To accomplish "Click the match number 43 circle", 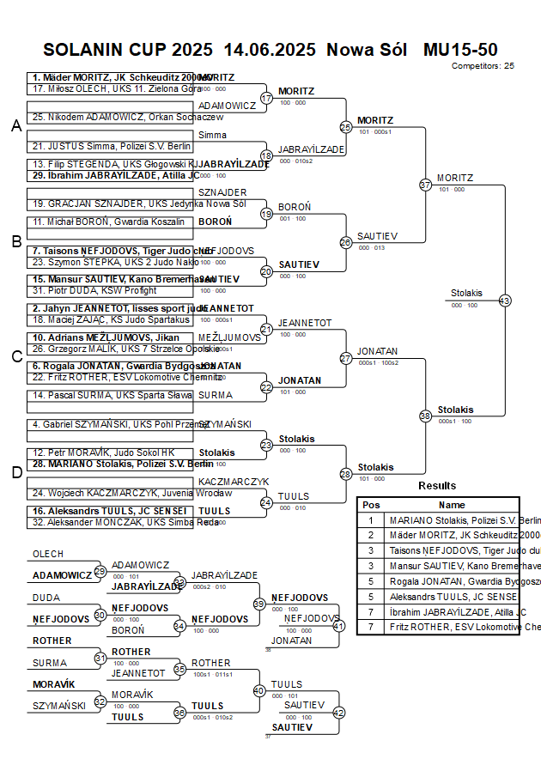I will coord(504,301).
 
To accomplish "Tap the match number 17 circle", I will coord(266,98).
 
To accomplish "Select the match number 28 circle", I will coord(346,474).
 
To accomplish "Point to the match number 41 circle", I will coord(338,626).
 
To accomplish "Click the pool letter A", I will coord(15,126).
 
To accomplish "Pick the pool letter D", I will coord(15,472).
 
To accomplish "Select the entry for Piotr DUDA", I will coord(94,290).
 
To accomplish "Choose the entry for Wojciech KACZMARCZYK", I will coord(120,493).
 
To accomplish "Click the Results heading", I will coord(437,486).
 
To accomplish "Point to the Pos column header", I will coord(371,505).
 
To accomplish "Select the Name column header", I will coord(452,505).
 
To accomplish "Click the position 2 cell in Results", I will coord(371,535).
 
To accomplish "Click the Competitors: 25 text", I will coord(483,65).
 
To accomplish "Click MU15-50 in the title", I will coord(460,50).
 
